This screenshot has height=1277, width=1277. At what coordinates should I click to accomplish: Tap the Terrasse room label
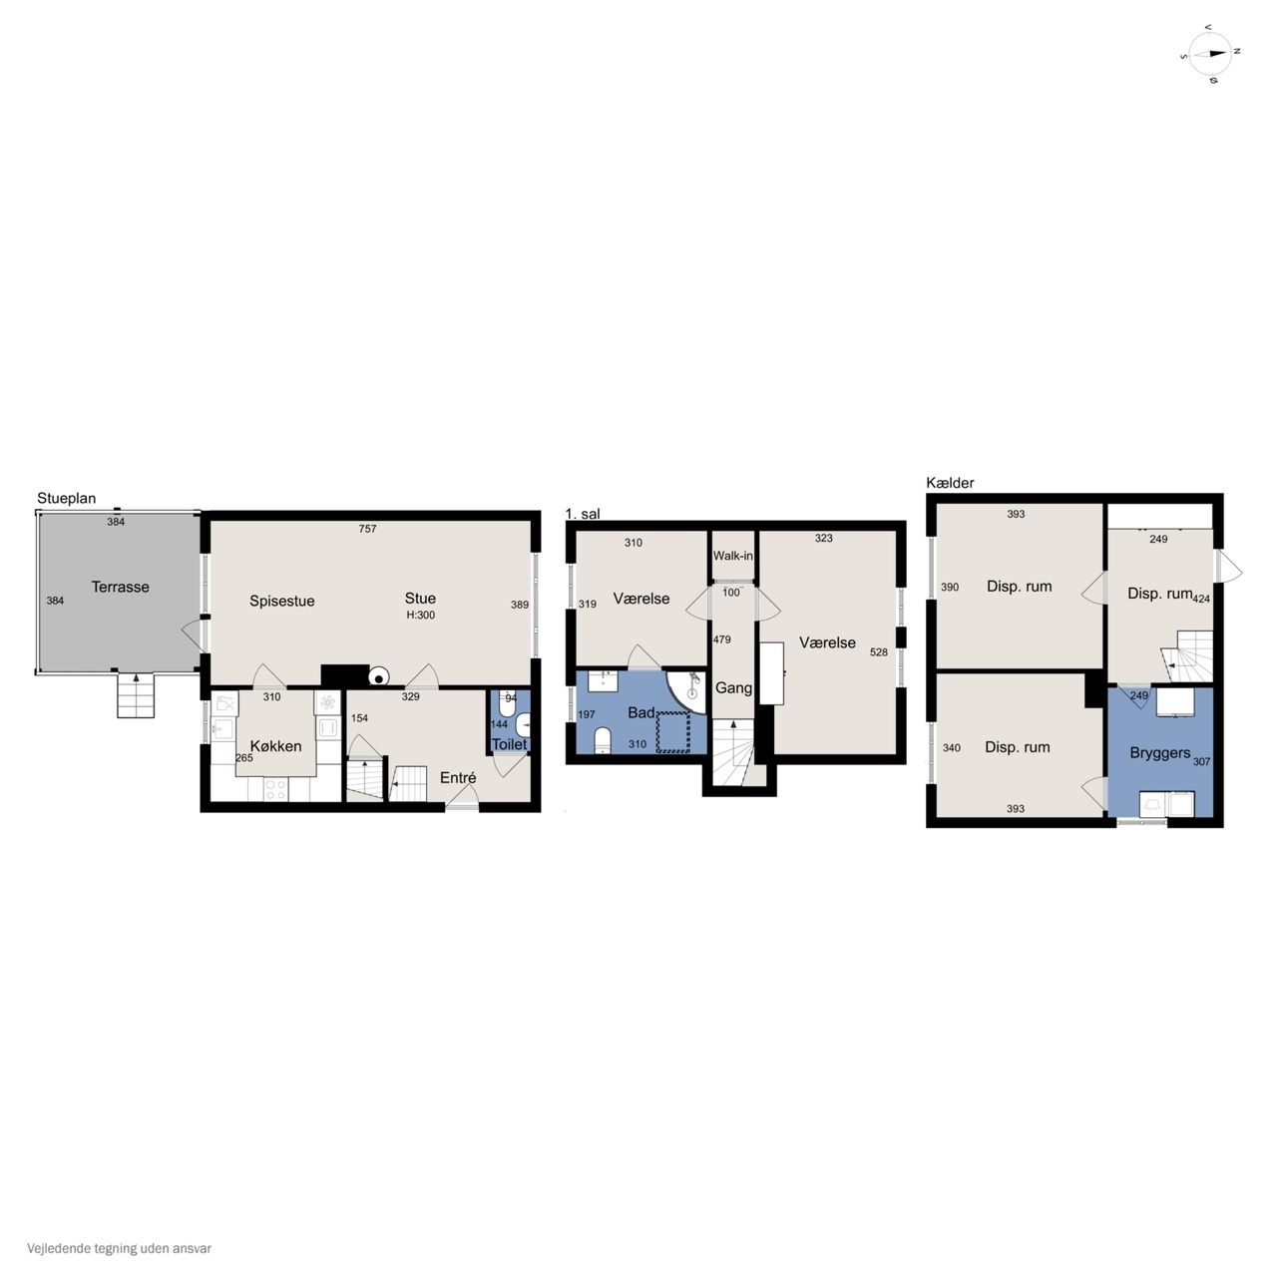point(120,587)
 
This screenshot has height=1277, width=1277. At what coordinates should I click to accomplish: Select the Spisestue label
point(281,601)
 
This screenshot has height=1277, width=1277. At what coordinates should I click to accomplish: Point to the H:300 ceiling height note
point(420,615)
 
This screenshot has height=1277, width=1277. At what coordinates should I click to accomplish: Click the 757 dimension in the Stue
point(367,529)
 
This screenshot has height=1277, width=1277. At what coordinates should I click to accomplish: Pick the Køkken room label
point(275,746)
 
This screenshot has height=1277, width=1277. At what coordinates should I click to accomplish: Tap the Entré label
point(458,777)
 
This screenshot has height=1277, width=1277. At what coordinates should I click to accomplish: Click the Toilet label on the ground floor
point(509,744)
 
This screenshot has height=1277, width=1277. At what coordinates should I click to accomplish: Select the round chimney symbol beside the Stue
point(378,676)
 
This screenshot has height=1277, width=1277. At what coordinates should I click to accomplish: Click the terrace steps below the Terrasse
point(136,695)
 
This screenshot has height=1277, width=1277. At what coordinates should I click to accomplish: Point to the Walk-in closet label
point(733,556)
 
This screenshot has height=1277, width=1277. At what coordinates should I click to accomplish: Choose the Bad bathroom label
point(640,713)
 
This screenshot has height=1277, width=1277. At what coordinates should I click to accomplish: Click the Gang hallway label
point(733,687)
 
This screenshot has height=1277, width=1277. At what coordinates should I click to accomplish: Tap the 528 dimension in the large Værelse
point(878,652)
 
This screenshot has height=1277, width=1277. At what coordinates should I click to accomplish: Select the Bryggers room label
point(1159,753)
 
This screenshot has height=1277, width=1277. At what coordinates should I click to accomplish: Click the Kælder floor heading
point(950,483)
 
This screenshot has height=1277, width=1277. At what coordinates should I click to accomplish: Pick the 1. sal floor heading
point(583,514)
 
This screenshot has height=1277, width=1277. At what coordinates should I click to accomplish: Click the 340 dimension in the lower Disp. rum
point(951,748)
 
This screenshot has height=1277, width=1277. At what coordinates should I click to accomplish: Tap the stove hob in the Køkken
point(275,788)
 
